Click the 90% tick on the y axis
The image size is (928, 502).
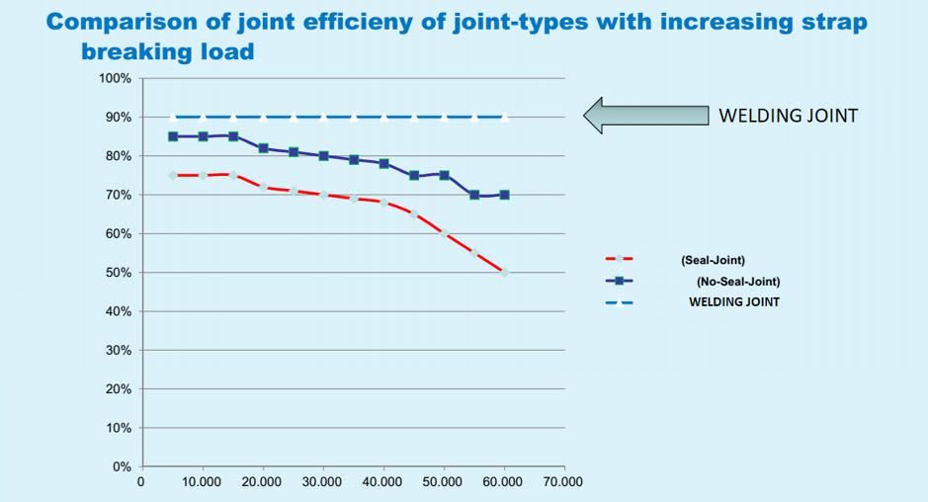tap(118, 118)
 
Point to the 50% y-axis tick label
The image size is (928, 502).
tap(118, 273)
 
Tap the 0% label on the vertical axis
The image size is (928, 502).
tap(122, 467)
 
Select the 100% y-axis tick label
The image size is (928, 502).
tap(115, 79)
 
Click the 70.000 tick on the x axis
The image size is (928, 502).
tap(564, 482)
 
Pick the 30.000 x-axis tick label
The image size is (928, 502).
tap(323, 482)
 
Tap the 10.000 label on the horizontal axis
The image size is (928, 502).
tap(203, 482)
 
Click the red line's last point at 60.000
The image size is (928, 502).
tap(504, 272)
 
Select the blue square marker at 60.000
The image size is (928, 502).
tap(504, 195)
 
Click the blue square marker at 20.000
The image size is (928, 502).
tap(263, 148)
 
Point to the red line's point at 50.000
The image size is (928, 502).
tap(444, 233)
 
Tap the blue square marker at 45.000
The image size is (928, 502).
tap(414, 175)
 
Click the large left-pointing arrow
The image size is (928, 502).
tap(646, 115)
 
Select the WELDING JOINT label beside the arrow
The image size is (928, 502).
tap(788, 116)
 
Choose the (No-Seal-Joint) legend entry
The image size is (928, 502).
tap(737, 281)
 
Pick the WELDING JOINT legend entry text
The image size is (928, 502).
tap(733, 301)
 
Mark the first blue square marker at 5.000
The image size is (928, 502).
tap(173, 136)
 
